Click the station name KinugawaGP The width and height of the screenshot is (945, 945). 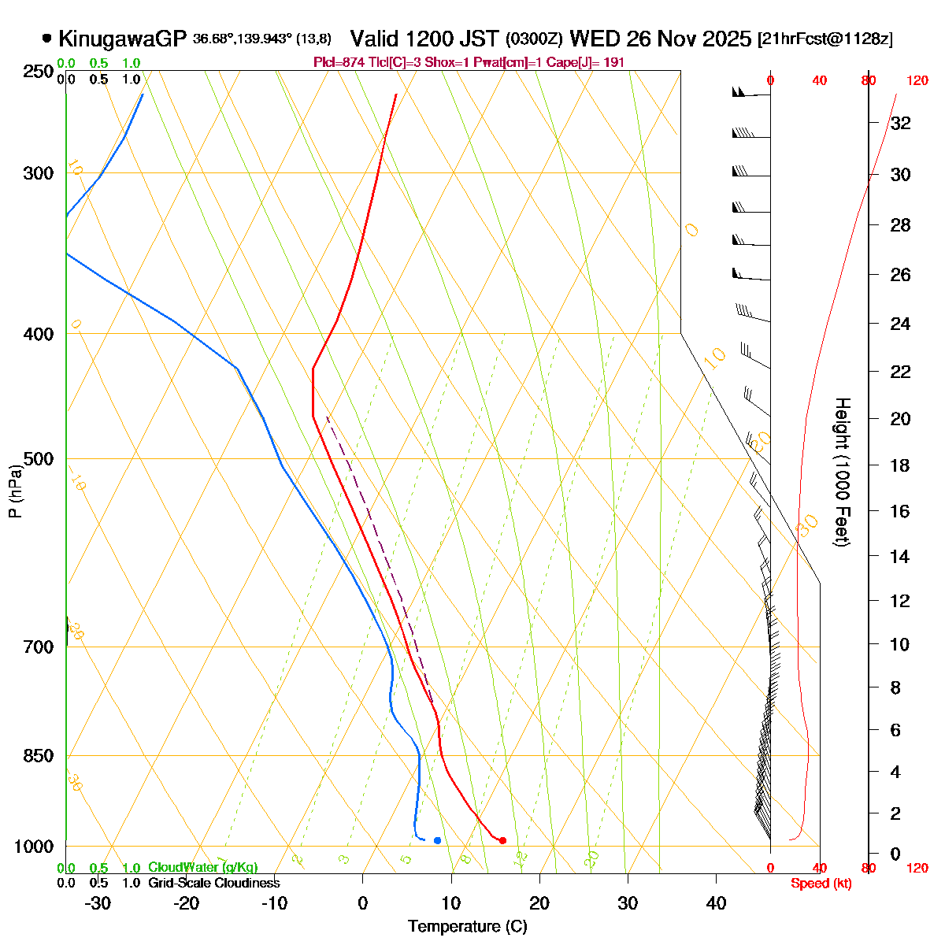[x=122, y=39]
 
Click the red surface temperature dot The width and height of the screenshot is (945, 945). [x=502, y=840]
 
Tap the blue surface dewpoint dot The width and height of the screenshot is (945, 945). [x=437, y=840]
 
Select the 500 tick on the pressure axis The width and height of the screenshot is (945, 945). [x=39, y=458]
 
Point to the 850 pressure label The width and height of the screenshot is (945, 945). [x=39, y=755]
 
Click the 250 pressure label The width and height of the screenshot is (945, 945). [x=39, y=72]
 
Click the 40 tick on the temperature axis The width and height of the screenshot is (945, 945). [x=716, y=902]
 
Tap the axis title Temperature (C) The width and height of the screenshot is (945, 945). [x=468, y=926]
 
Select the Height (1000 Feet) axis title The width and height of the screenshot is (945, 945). [x=842, y=472]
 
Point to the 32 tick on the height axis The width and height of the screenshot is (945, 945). [x=900, y=123]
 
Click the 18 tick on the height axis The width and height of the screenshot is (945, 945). [x=900, y=465]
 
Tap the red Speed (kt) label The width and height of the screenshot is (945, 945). [x=821, y=884]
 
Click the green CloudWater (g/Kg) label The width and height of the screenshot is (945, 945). [x=202, y=867]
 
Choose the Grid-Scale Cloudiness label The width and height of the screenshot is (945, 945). [x=213, y=883]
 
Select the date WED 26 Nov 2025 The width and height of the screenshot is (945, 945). [x=660, y=39]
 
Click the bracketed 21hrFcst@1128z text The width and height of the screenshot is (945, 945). [x=825, y=39]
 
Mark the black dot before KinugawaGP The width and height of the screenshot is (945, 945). [x=47, y=37]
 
